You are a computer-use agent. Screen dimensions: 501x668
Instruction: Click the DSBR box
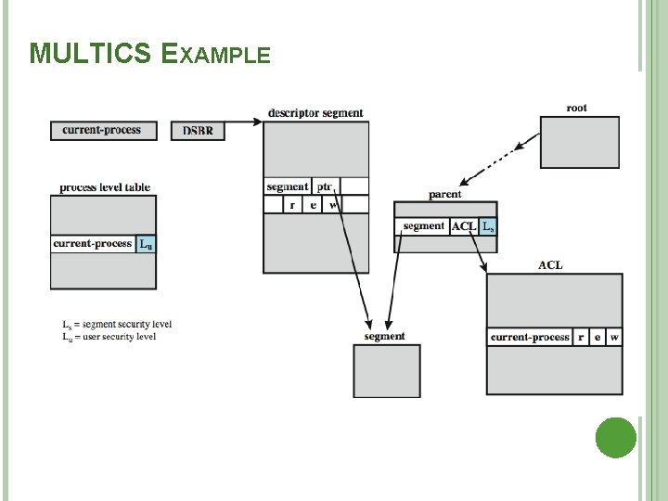pos(197,131)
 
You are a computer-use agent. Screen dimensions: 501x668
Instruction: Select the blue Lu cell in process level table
pos(146,244)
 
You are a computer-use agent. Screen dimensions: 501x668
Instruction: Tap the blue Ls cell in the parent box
pos(488,226)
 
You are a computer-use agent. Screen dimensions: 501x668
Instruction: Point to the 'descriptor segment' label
pos(315,113)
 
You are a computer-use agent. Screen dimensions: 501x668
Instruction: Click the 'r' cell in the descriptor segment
pos(293,205)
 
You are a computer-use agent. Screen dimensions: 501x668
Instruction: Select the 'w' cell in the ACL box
pos(614,337)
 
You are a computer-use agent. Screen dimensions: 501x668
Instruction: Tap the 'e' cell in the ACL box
pos(597,337)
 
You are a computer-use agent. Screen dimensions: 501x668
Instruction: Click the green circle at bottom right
pos(615,436)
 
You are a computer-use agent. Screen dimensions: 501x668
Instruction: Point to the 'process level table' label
pos(105,187)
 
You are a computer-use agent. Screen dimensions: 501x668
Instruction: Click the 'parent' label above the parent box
pos(445,195)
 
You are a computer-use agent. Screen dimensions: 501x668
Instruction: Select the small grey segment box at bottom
pos(386,371)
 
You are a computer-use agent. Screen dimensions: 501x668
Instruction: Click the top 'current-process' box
pos(102,131)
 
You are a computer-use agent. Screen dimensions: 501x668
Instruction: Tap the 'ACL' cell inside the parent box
pos(463,226)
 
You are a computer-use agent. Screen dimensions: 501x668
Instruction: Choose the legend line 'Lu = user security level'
pos(109,337)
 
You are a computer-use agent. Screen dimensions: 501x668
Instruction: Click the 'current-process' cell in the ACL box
pos(530,337)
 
